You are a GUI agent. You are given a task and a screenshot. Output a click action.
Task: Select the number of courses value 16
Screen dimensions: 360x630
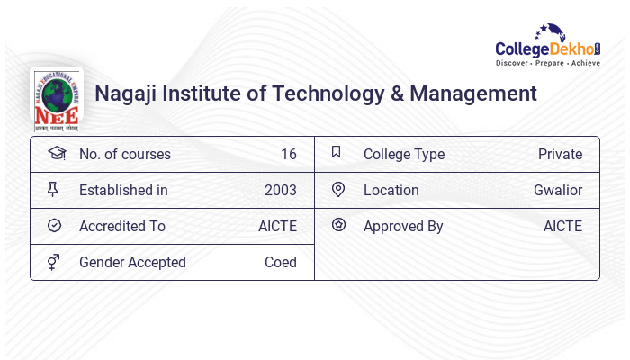tap(288, 155)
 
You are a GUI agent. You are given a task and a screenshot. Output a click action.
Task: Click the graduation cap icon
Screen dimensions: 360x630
tap(56, 153)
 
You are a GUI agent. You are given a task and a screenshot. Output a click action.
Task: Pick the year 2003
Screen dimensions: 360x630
tap(281, 191)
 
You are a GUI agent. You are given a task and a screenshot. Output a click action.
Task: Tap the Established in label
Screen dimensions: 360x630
tap(123, 191)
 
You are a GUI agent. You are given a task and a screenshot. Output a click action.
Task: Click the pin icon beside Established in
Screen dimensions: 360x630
tap(53, 189)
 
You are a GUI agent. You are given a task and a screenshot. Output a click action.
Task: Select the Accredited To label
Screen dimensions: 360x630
tap(122, 227)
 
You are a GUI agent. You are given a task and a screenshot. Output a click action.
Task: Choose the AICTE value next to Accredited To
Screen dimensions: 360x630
tap(277, 227)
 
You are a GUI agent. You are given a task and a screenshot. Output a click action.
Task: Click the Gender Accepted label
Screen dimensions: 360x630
tap(132, 263)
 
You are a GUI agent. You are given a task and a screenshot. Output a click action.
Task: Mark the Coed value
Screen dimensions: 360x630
tap(281, 263)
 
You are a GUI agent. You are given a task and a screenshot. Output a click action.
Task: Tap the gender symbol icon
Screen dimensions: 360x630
tap(54, 262)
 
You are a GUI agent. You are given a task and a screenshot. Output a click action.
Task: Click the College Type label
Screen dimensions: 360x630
tap(404, 155)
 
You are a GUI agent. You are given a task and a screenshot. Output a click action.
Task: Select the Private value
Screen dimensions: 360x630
tap(560, 155)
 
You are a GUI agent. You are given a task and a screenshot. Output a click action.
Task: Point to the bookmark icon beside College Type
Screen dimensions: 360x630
tap(337, 152)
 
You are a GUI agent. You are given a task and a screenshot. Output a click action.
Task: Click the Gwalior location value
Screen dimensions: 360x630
tap(558, 191)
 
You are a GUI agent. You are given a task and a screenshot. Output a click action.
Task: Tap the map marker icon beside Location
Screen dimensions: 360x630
tap(337, 189)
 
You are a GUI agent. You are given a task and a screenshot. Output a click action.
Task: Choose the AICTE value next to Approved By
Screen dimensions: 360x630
tap(562, 227)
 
